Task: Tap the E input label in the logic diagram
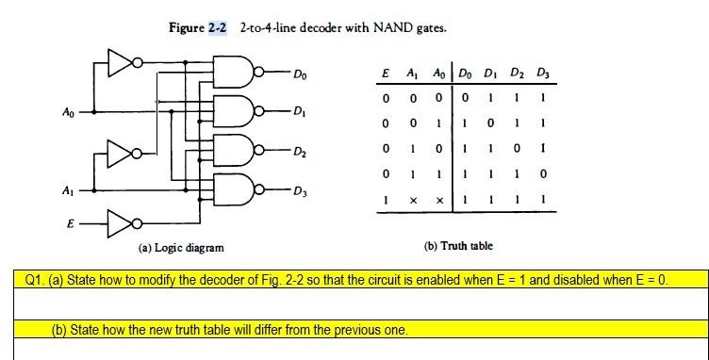(68, 225)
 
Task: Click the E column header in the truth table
(386, 74)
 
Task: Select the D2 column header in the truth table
(519, 74)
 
